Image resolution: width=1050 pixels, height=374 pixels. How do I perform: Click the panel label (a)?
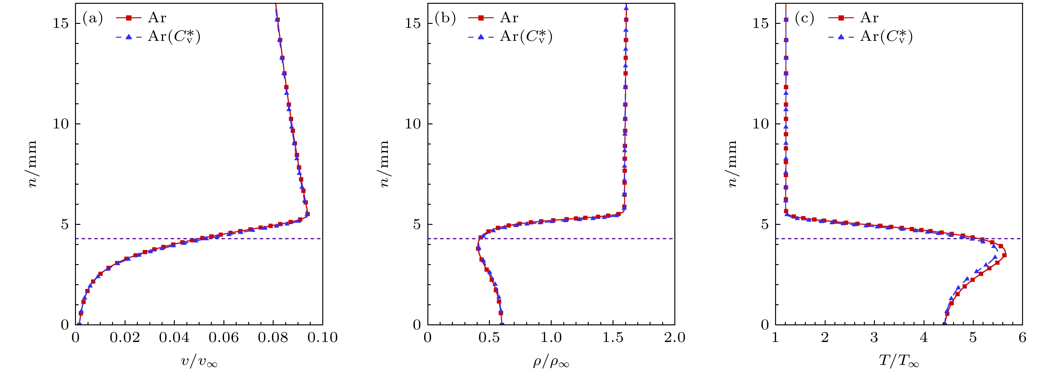point(93,18)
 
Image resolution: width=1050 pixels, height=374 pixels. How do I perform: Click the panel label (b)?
point(445,18)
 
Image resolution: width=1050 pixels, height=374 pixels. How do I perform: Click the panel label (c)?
point(804,18)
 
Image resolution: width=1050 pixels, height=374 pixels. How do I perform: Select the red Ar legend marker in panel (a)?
point(129,18)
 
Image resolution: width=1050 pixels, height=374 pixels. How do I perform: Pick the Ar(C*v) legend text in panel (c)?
point(886,37)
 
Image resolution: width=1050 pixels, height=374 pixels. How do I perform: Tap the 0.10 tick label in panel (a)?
point(322,338)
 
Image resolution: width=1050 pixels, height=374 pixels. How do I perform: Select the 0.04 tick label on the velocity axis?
point(174,338)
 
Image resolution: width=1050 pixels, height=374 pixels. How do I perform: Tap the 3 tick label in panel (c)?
point(874,338)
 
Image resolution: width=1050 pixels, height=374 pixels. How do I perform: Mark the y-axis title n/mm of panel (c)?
point(732,164)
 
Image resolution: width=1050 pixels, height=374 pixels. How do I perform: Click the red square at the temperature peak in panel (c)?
point(1004,255)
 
